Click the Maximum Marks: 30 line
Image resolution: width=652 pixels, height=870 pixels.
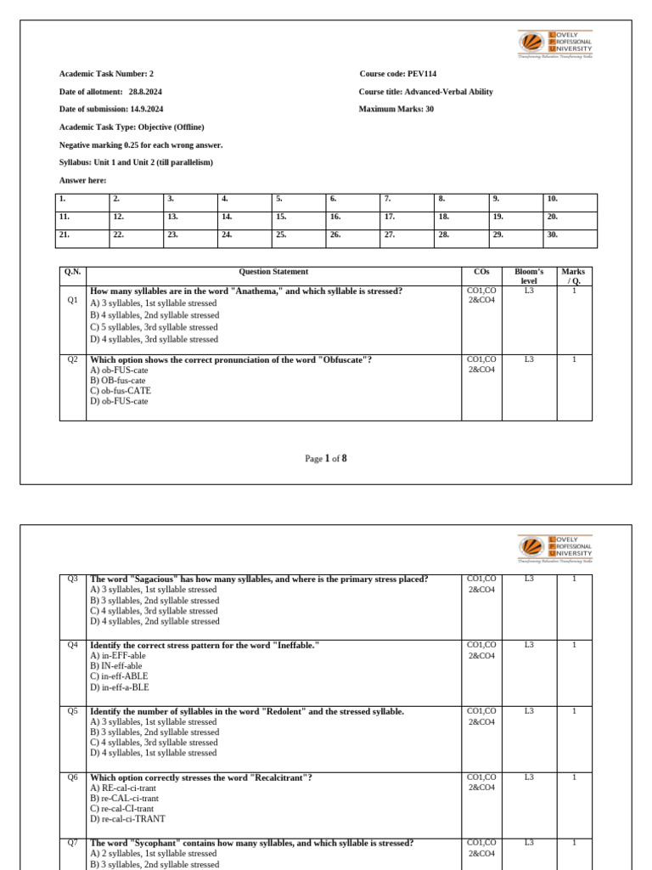tap(396, 109)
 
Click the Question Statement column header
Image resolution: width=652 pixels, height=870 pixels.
tap(273, 272)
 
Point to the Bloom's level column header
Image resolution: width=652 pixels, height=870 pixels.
tap(529, 276)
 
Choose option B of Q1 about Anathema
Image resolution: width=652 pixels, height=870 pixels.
tap(155, 315)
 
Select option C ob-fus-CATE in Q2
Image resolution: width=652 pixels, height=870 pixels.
tap(121, 391)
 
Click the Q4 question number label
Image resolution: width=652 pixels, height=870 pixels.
tap(73, 645)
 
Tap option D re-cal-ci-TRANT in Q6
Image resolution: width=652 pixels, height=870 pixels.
tap(127, 819)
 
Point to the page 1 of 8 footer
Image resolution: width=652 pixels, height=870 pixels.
tap(326, 459)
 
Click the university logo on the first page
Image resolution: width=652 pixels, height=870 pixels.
tap(556, 44)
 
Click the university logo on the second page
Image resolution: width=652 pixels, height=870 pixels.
tap(556, 549)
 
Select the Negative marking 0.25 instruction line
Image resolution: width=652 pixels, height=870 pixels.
tap(141, 144)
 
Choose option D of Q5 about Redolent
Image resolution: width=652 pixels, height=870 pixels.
tap(153, 753)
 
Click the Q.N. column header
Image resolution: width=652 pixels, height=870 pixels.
tap(73, 272)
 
